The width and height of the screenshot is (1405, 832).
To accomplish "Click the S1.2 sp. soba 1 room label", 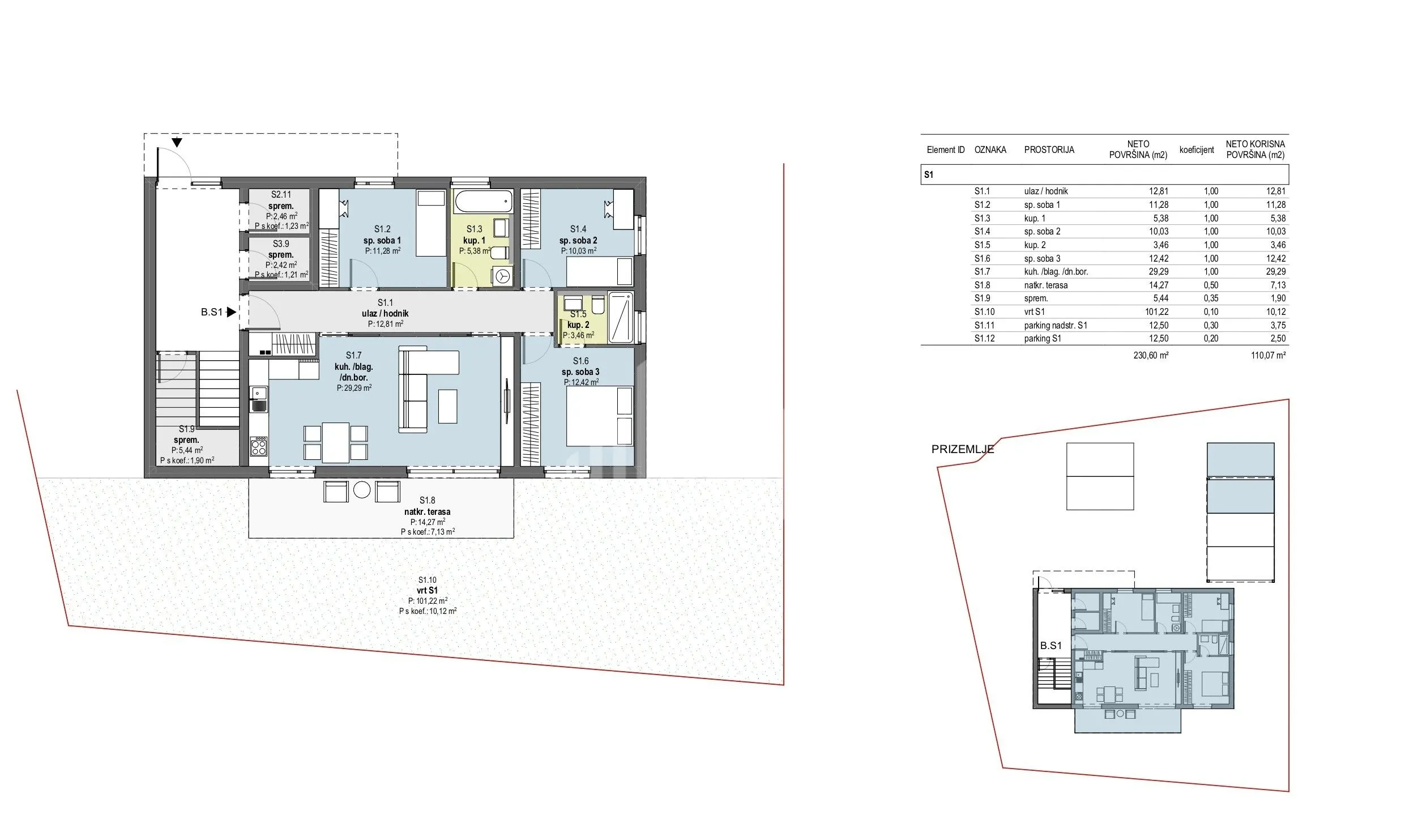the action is (382, 240).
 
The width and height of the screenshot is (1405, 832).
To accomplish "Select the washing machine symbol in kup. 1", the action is (502, 277).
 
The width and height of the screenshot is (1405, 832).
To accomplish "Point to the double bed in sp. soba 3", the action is (600, 416).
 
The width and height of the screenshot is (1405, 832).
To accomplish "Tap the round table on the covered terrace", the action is (362, 490).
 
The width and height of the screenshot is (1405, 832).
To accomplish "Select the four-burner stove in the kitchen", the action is (259, 446).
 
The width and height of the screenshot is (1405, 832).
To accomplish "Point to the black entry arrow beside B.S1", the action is (231, 312).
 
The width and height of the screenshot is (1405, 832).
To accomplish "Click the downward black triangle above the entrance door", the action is (177, 142).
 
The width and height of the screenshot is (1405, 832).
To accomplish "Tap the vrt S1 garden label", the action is (428, 595).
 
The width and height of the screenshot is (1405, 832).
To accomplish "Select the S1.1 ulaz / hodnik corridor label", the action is (385, 313).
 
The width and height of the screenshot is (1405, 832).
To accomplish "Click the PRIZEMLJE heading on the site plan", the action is (963, 450).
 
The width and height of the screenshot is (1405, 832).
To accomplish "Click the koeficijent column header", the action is (1197, 150).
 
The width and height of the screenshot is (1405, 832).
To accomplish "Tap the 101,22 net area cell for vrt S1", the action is (1155, 312).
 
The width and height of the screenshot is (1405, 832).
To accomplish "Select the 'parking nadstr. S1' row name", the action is (1055, 326).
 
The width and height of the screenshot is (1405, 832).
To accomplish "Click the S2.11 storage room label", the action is (281, 210).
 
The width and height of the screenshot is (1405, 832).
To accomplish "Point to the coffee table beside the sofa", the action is (448, 406).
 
